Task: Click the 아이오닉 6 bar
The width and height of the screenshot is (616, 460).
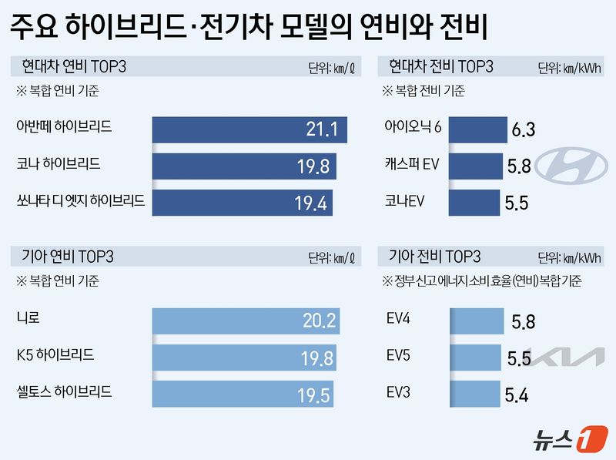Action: pyautogui.click(x=477, y=129)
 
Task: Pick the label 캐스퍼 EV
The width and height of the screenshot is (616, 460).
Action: pyautogui.click(x=412, y=164)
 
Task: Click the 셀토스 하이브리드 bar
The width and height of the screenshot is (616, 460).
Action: pyautogui.click(x=243, y=394)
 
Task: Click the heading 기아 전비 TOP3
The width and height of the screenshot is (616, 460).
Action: pyautogui.click(x=435, y=256)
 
